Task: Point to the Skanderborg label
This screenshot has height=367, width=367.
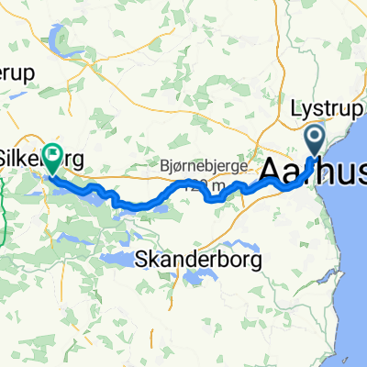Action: click(x=198, y=260)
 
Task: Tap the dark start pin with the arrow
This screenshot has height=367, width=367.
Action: click(x=315, y=140)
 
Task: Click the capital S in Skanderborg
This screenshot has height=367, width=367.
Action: click(x=140, y=260)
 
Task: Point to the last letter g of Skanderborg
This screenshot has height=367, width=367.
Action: click(x=256, y=261)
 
